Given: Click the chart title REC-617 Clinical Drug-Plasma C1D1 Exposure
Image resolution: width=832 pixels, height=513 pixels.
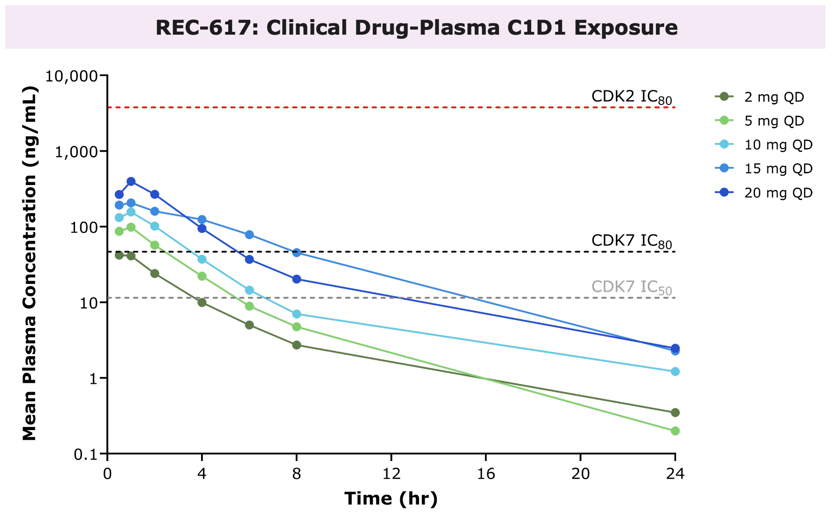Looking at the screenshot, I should click(x=416, y=28).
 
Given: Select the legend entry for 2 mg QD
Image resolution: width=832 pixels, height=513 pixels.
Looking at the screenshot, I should click(x=774, y=97).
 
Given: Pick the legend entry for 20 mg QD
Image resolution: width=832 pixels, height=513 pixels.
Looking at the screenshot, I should click(x=778, y=193).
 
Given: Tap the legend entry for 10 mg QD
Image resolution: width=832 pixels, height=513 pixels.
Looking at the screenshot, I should click(x=778, y=145).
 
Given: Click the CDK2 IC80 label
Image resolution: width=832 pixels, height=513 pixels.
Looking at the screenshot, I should click(x=631, y=97).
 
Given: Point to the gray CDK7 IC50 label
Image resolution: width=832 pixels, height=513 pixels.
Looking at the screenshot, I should click(x=631, y=287).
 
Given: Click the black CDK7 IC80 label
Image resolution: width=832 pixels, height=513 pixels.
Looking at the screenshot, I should click(x=631, y=241).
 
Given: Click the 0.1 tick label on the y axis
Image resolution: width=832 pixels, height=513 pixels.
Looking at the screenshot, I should click(x=86, y=454).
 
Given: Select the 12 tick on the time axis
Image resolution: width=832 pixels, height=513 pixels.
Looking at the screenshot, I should click(x=391, y=474).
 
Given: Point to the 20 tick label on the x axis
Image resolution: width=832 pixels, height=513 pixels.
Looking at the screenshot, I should click(x=580, y=474).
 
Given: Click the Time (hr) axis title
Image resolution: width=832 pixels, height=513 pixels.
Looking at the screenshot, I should click(x=391, y=498).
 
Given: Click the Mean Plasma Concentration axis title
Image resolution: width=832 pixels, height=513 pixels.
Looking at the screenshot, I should click(x=29, y=263).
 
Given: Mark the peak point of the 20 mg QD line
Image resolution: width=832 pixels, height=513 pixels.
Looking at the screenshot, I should click(x=131, y=181).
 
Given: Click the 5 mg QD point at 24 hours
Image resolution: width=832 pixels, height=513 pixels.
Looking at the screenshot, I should click(x=675, y=431).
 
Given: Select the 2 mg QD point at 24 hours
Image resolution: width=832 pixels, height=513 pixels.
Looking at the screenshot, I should click(x=675, y=413).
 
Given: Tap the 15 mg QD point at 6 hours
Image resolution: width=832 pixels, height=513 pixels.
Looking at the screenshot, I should click(x=249, y=235).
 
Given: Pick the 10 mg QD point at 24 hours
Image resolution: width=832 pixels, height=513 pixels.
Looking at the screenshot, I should click(x=675, y=372).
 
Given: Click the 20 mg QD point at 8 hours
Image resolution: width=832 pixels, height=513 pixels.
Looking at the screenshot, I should click(x=297, y=279).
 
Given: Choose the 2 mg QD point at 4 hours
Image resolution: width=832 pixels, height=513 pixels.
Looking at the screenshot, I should click(x=202, y=303).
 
